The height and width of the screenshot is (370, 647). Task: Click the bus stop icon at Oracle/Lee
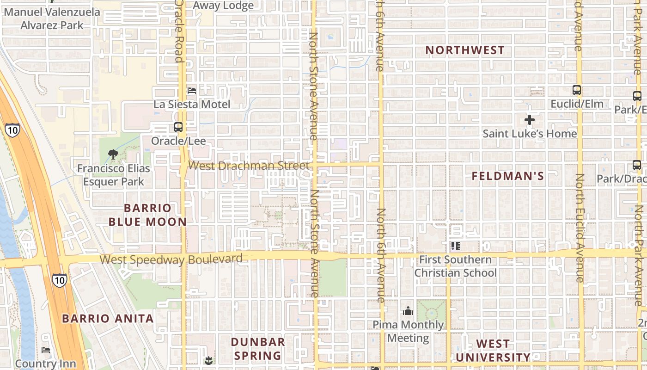tap(178, 127)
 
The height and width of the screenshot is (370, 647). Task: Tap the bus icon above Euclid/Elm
tap(576, 90)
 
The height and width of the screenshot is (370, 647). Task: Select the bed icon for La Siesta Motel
tap(191, 91)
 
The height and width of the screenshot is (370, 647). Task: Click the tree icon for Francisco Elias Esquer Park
tap(112, 154)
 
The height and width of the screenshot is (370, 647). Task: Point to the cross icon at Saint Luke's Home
tap(530, 120)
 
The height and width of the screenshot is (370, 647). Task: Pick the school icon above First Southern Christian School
tap(456, 246)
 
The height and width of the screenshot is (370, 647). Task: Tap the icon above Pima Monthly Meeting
tap(408, 311)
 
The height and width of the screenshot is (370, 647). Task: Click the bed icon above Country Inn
tap(45, 350)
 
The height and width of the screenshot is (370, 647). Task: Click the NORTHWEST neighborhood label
tap(465, 50)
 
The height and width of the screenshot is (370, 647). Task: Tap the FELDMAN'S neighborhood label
tap(508, 176)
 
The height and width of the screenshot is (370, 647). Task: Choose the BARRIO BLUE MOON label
tap(147, 215)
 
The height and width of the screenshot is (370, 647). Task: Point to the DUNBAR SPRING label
tap(258, 349)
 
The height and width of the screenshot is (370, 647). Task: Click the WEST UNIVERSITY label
tap(493, 351)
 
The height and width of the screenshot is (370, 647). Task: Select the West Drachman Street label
tap(249, 166)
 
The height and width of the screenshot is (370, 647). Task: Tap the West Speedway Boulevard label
tap(171, 259)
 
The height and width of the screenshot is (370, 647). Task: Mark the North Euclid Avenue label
tap(579, 228)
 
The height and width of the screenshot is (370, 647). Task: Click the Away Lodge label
tap(223, 6)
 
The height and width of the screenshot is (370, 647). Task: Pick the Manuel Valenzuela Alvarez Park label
tap(52, 18)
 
